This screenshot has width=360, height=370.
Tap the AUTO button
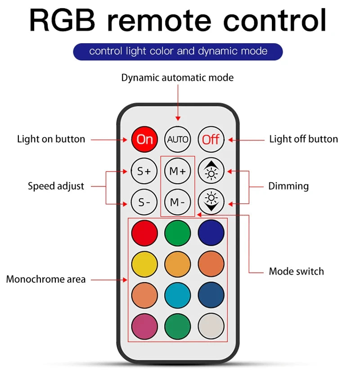point(178,139)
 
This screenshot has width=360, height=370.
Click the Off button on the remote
point(211,139)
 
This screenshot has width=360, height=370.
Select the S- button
point(144,202)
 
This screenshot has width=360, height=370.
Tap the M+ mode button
point(178,171)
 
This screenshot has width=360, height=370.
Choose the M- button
point(178,202)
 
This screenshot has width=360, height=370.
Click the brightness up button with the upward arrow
point(211,171)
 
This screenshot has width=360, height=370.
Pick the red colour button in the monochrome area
point(144,233)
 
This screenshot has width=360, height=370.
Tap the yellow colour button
point(144,264)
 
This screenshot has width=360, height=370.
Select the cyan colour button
point(178,295)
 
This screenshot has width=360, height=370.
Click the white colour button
point(211,326)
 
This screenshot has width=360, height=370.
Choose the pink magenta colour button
point(144,326)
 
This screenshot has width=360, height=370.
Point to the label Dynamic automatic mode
point(177,77)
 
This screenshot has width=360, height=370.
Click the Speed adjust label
point(56,186)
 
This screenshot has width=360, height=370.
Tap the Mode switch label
point(296,271)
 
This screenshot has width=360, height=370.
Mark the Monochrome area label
point(45,280)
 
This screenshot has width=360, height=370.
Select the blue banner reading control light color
point(178,51)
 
